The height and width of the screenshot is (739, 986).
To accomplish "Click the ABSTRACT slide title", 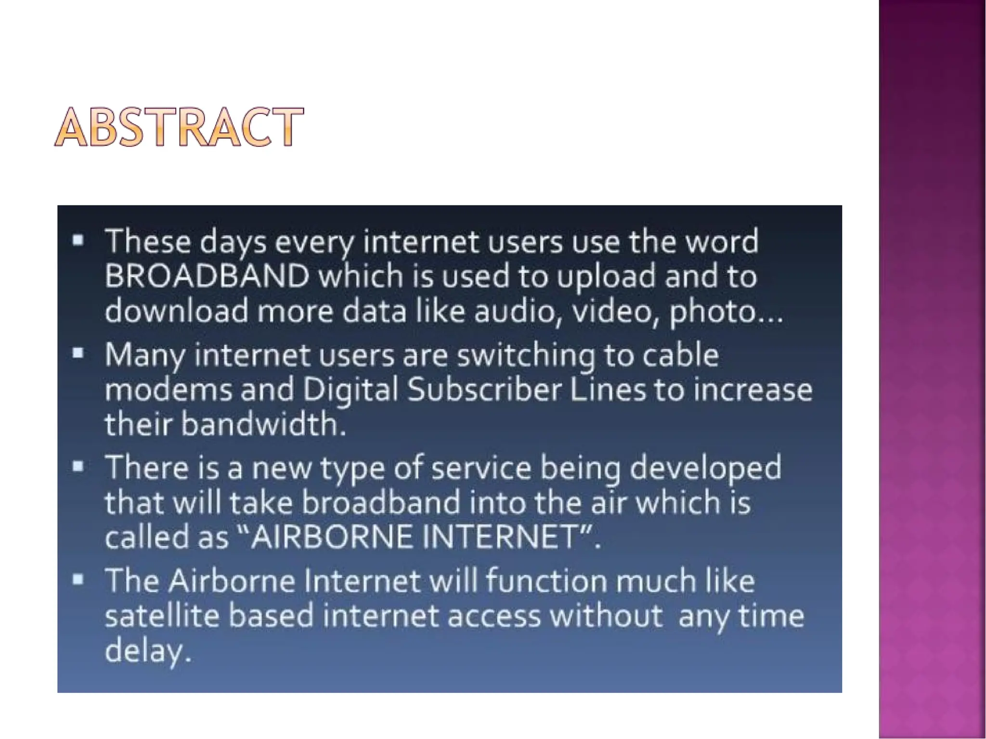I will pos(179,127).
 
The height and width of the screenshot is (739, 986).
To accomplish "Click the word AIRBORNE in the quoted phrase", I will pos(332,537).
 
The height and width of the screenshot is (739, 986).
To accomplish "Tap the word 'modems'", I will pos(169,390).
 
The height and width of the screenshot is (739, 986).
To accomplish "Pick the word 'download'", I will pos(176,311).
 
